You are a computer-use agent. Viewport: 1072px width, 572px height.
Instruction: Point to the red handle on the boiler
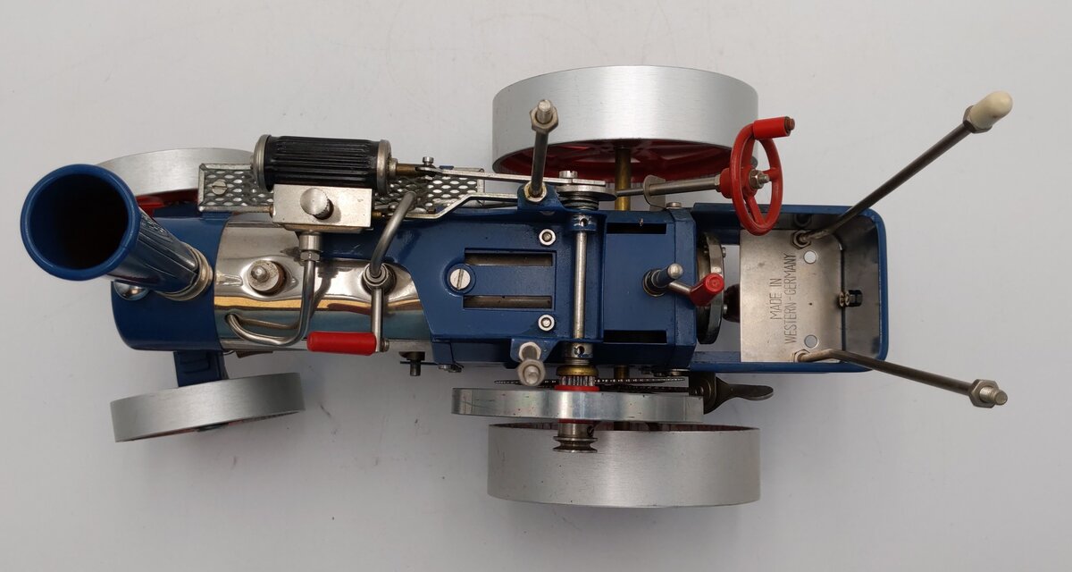[341, 342]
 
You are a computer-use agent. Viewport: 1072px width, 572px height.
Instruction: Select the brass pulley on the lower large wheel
[575, 439]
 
